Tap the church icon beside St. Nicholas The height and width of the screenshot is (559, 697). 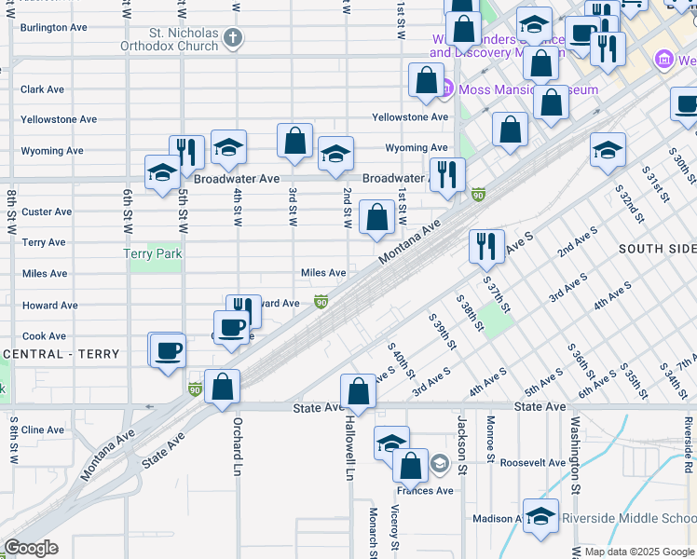(x=233, y=39)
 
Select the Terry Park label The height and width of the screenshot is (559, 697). (x=154, y=253)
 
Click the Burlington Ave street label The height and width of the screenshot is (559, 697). (x=54, y=27)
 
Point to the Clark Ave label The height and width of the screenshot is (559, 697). (x=43, y=89)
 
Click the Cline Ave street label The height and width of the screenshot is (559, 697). (x=43, y=429)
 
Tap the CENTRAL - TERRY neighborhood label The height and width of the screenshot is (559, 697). (x=62, y=354)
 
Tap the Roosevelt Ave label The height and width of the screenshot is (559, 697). (x=532, y=462)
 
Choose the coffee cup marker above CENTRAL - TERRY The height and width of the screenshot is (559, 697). (x=168, y=351)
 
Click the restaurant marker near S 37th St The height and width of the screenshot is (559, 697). (x=486, y=246)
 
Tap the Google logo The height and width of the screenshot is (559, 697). (x=31, y=548)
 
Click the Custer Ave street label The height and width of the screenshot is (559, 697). (x=47, y=211)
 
